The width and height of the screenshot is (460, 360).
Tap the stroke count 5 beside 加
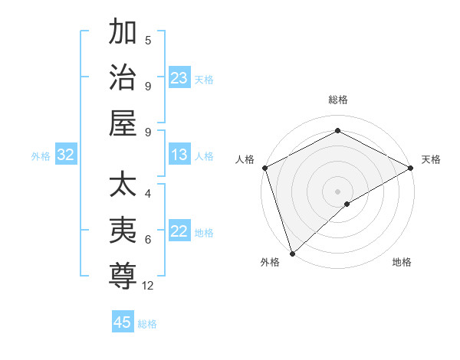point(148,40)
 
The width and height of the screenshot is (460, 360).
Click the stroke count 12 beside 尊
point(148,286)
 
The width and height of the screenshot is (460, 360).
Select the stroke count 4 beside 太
point(148,195)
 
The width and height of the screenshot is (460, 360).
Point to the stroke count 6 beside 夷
point(148,240)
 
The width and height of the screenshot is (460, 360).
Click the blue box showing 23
point(179,78)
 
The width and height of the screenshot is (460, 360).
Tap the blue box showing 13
point(179,155)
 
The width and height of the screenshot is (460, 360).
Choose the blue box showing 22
point(179,231)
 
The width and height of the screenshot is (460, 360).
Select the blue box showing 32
point(66,155)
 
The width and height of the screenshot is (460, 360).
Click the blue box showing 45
point(123,322)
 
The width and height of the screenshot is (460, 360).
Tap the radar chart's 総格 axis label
point(337,100)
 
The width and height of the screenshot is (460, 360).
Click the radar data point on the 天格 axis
point(411,169)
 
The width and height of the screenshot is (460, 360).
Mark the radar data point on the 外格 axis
point(292,253)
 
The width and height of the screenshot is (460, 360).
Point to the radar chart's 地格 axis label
point(402,262)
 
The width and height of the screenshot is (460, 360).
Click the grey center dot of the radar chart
point(337,191)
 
